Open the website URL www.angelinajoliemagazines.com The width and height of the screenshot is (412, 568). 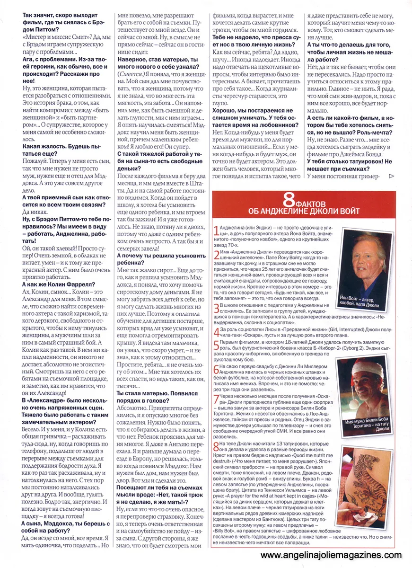(x=331, y=555)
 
